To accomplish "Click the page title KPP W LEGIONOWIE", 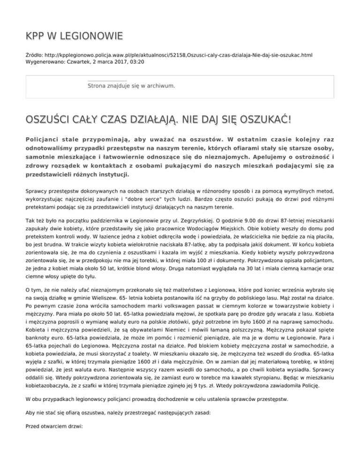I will click(75, 36).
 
